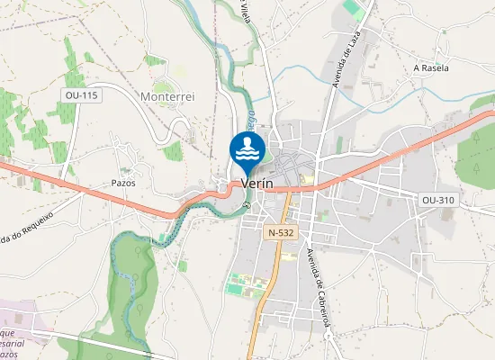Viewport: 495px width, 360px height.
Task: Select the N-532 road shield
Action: pos(280,233)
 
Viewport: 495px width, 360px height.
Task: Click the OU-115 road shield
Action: pos(80,94)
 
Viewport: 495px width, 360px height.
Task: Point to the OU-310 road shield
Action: pos(437,199)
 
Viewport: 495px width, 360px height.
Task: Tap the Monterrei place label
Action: pos(168,94)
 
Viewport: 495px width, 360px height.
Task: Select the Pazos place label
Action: pos(122,182)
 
